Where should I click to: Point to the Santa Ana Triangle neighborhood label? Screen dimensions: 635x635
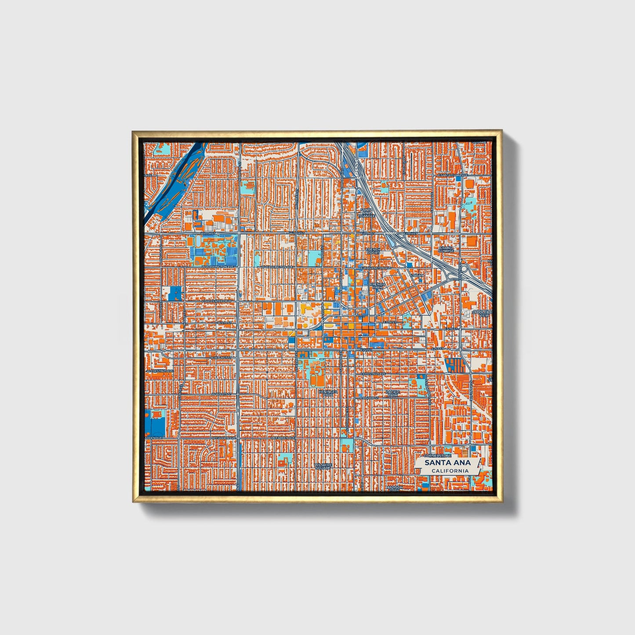[366, 213]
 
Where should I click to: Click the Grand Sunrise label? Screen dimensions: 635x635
[446, 249]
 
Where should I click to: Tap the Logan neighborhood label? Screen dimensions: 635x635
[418, 276]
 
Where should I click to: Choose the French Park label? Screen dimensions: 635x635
[377, 286]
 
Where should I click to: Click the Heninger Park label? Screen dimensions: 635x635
[328, 392]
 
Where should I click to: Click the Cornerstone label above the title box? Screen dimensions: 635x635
[441, 450]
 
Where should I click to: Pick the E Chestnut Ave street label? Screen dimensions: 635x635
[374, 374]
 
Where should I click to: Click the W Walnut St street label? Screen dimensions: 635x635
[221, 358]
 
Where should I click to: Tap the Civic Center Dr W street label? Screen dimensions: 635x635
[216, 301]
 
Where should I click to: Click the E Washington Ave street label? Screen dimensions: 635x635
[375, 268]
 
